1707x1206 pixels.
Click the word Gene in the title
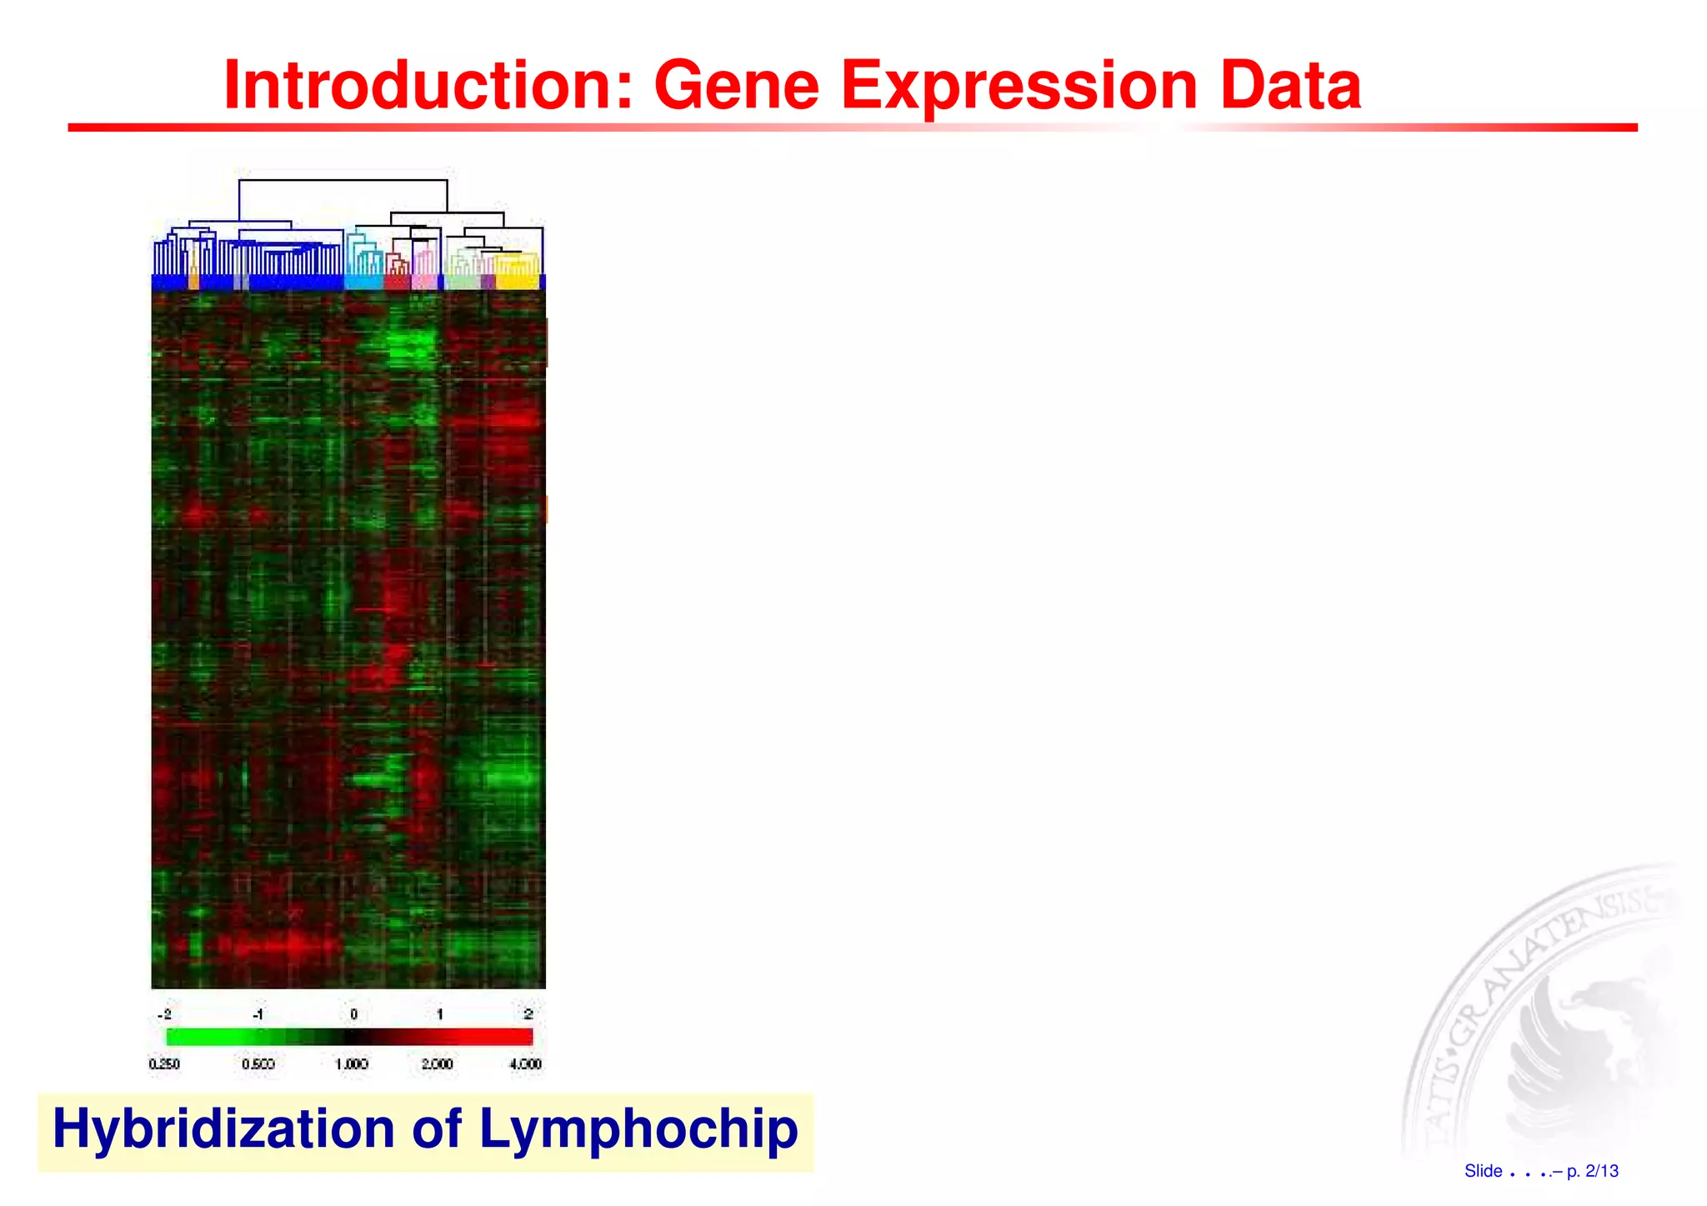point(737,85)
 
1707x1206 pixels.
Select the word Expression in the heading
point(1019,85)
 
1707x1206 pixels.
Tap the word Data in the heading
point(1290,85)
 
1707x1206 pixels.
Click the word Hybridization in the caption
point(223,1128)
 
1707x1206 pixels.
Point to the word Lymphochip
point(638,1128)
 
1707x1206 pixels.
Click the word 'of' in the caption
point(437,1128)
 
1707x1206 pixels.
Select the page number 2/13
point(1601,1171)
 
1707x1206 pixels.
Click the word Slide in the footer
point(1483,1171)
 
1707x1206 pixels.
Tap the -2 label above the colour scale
point(164,1014)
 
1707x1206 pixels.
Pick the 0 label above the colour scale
point(353,1014)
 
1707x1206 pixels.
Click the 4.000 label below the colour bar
point(525,1064)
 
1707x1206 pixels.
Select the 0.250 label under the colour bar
point(164,1064)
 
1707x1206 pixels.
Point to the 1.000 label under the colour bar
point(351,1064)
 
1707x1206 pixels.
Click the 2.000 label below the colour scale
point(437,1064)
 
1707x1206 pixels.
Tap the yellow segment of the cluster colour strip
point(517,282)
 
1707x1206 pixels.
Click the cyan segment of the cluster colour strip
point(363,282)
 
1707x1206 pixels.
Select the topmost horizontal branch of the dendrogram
point(343,179)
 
